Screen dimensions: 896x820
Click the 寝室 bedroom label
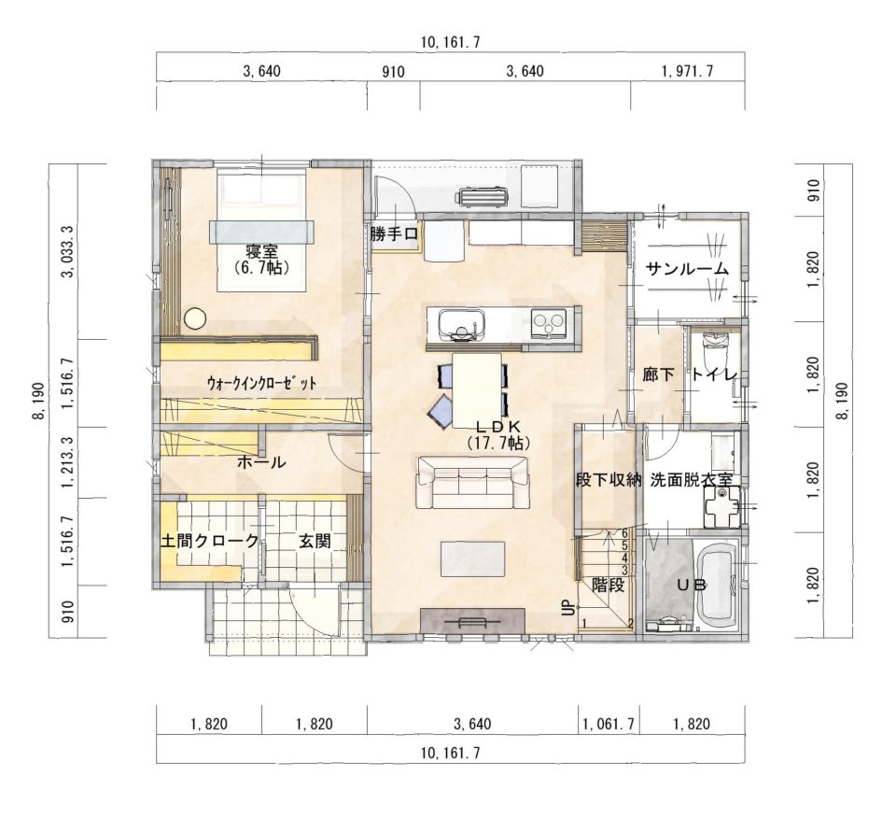pos(261,250)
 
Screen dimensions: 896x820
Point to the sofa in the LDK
pos(473,482)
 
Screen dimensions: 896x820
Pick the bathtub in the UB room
pos(717,586)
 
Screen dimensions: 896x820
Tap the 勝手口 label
pos(394,233)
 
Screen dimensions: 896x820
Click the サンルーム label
pos(688,269)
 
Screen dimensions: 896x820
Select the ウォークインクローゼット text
pos(261,382)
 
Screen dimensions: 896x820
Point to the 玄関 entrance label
pos(315,541)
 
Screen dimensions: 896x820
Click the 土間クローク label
pos(209,541)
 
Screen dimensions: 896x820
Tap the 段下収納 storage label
pos(608,480)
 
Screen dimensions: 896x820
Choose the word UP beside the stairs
pos(568,608)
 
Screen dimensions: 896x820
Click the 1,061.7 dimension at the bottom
pos(609,724)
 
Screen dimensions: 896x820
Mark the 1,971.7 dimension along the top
pos(688,72)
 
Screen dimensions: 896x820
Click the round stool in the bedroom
pos(195,318)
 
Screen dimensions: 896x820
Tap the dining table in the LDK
pos(477,390)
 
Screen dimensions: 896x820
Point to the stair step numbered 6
pos(624,533)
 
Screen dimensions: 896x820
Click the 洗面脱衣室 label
pos(692,480)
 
